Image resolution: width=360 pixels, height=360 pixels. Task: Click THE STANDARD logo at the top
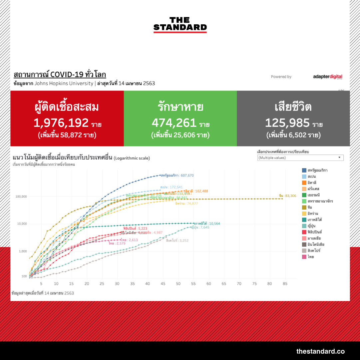(x=180, y=24)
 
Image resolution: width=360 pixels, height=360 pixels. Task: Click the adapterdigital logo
(x=327, y=77)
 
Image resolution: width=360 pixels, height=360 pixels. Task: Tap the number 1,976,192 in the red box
(x=61, y=123)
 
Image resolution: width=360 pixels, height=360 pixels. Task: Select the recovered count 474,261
(x=174, y=123)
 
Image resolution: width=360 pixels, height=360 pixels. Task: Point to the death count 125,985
(x=287, y=123)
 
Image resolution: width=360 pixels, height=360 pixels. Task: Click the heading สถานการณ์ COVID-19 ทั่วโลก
(x=60, y=74)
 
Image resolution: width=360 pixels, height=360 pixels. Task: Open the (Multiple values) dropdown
(x=300, y=158)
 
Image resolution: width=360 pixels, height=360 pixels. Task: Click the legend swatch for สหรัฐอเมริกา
(x=304, y=170)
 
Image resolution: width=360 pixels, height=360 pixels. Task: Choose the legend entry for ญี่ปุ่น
(x=313, y=226)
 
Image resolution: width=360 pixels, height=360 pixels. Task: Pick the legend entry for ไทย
(x=311, y=257)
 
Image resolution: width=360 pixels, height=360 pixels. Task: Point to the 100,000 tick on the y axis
(x=21, y=196)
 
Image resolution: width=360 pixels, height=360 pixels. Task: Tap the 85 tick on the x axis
(x=285, y=284)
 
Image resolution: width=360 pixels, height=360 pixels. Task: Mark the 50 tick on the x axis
(x=178, y=284)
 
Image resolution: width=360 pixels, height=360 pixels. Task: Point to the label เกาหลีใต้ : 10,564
(x=207, y=223)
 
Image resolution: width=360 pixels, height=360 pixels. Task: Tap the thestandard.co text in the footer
(x=320, y=351)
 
